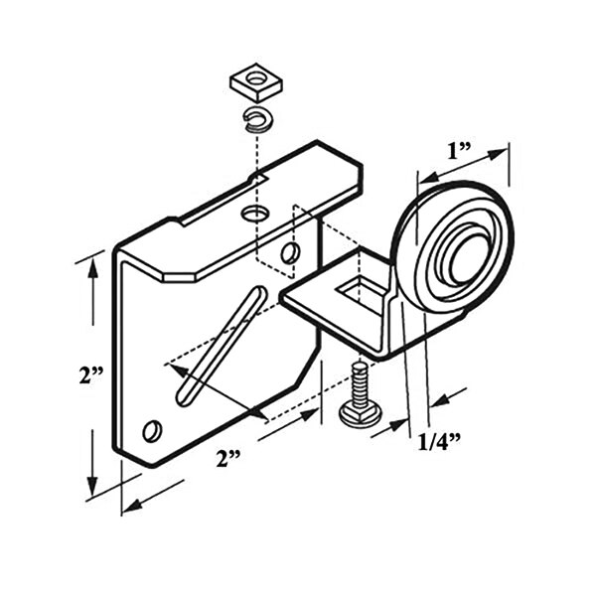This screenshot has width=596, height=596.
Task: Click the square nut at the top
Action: click(x=254, y=82)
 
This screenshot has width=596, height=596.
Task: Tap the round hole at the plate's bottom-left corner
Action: click(x=152, y=430)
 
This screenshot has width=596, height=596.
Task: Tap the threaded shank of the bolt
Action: click(x=360, y=380)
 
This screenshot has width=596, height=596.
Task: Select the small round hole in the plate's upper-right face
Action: click(x=289, y=254)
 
